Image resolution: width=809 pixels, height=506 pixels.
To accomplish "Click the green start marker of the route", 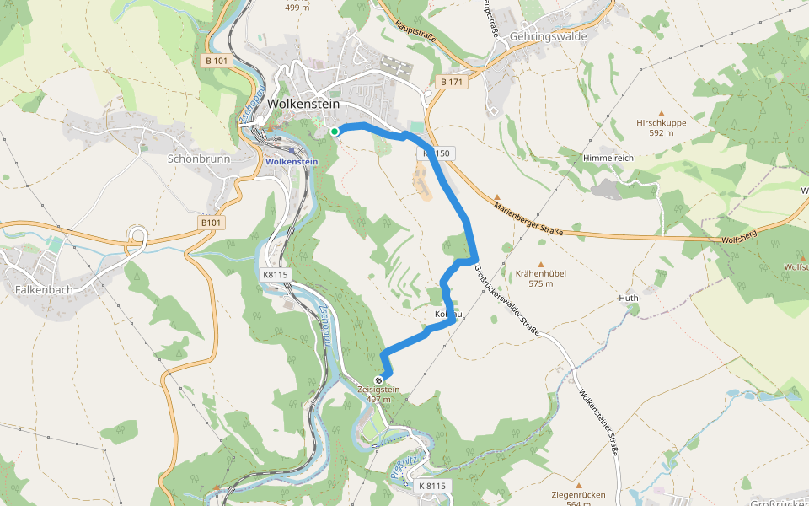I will pos(335,132).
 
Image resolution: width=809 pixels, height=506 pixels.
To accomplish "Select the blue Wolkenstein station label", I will pos(292,161).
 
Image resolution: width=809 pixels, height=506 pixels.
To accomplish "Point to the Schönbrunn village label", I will pos(199,159).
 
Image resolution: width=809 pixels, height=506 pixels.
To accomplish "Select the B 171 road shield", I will pos(452,82).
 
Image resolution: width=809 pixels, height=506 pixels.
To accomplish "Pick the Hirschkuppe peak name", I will pos(662,122).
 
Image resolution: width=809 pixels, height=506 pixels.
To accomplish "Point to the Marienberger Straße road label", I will pos(528,218).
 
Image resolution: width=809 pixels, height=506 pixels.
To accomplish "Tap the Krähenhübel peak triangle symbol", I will pos(541,263).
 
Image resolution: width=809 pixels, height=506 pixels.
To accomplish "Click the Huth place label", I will pos(629,298).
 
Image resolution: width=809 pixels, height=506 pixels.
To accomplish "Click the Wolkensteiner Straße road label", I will pos(599,422).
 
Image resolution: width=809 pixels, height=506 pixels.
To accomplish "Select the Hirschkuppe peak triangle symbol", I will pos(662,112).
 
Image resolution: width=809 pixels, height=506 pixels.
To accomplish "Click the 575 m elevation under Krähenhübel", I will pos(541,284).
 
